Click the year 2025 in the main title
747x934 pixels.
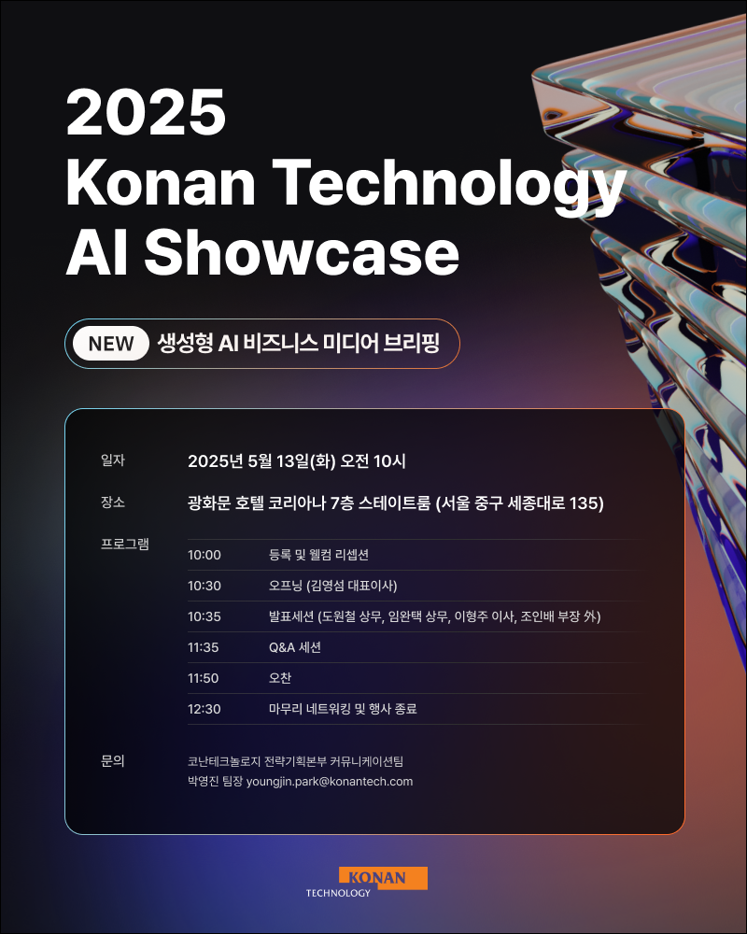(x=147, y=114)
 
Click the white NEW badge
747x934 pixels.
(x=111, y=344)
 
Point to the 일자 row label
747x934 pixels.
(x=113, y=460)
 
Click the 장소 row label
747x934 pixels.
(x=113, y=502)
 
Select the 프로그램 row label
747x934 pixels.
(x=125, y=544)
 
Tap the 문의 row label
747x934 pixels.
(x=113, y=761)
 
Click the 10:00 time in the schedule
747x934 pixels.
(x=204, y=555)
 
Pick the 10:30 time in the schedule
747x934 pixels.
(x=204, y=586)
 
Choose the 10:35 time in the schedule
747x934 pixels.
(x=204, y=616)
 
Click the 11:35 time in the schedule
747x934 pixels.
(x=204, y=647)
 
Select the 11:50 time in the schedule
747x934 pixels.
(x=204, y=678)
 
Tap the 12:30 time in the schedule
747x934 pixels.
(x=204, y=709)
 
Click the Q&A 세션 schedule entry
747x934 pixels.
(x=295, y=647)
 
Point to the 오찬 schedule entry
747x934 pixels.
(x=280, y=678)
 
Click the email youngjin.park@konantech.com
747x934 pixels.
(x=329, y=782)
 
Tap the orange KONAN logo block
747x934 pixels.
(x=384, y=878)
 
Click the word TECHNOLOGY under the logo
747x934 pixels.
(x=338, y=893)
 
